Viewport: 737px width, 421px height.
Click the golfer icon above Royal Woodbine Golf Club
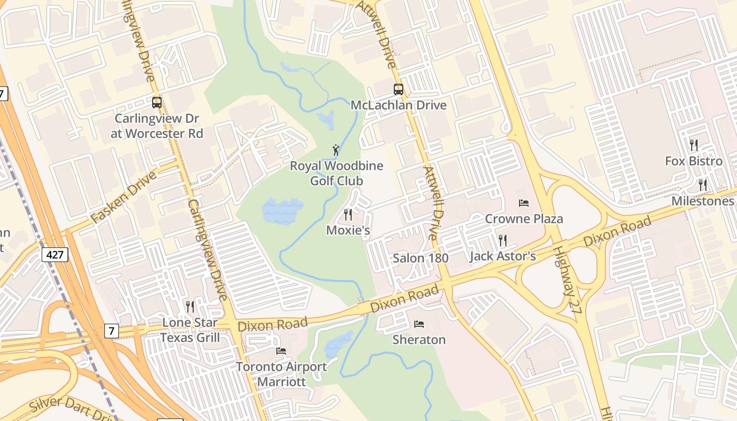(336, 151)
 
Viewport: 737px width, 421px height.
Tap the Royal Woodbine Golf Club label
(336, 174)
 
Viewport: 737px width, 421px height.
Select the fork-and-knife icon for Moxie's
(347, 215)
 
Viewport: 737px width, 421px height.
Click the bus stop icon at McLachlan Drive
(399, 89)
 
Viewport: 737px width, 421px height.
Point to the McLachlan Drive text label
(399, 105)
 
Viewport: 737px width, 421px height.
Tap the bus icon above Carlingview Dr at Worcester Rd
(156, 103)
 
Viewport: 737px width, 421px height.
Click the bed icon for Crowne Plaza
(523, 203)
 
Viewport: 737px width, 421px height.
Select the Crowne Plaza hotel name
(523, 219)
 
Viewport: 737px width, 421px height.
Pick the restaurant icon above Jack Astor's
(502, 240)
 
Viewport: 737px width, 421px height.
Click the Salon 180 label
(421, 258)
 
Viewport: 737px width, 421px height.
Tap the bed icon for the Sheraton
(419, 324)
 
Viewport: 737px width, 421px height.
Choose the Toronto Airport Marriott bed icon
(281, 351)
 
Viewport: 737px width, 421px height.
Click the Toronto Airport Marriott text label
(281, 374)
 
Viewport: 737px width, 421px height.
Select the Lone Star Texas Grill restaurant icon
(190, 306)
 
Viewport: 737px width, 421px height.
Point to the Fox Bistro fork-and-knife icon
(694, 145)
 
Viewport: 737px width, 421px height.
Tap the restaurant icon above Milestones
(702, 185)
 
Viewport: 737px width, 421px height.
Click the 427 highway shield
(54, 255)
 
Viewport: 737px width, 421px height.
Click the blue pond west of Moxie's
(282, 211)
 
